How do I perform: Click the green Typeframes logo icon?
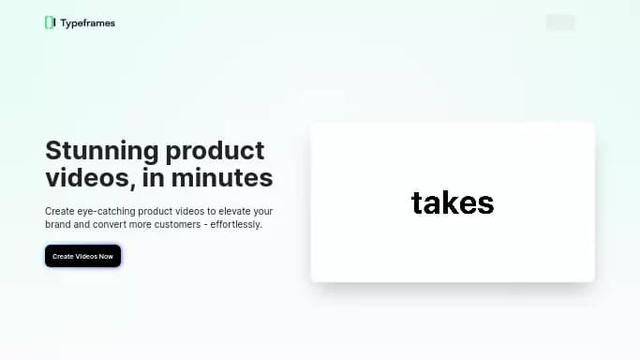[x=50, y=22]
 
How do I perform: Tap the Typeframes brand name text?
[x=87, y=22]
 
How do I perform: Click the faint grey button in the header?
[x=560, y=22]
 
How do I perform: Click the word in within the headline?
[x=157, y=177]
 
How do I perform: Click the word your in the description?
[x=263, y=212]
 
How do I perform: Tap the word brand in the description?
[x=58, y=225]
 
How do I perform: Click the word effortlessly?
[x=238, y=225]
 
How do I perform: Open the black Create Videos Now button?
[x=82, y=256]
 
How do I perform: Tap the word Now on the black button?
[x=106, y=256]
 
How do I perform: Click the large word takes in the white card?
[x=453, y=202]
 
